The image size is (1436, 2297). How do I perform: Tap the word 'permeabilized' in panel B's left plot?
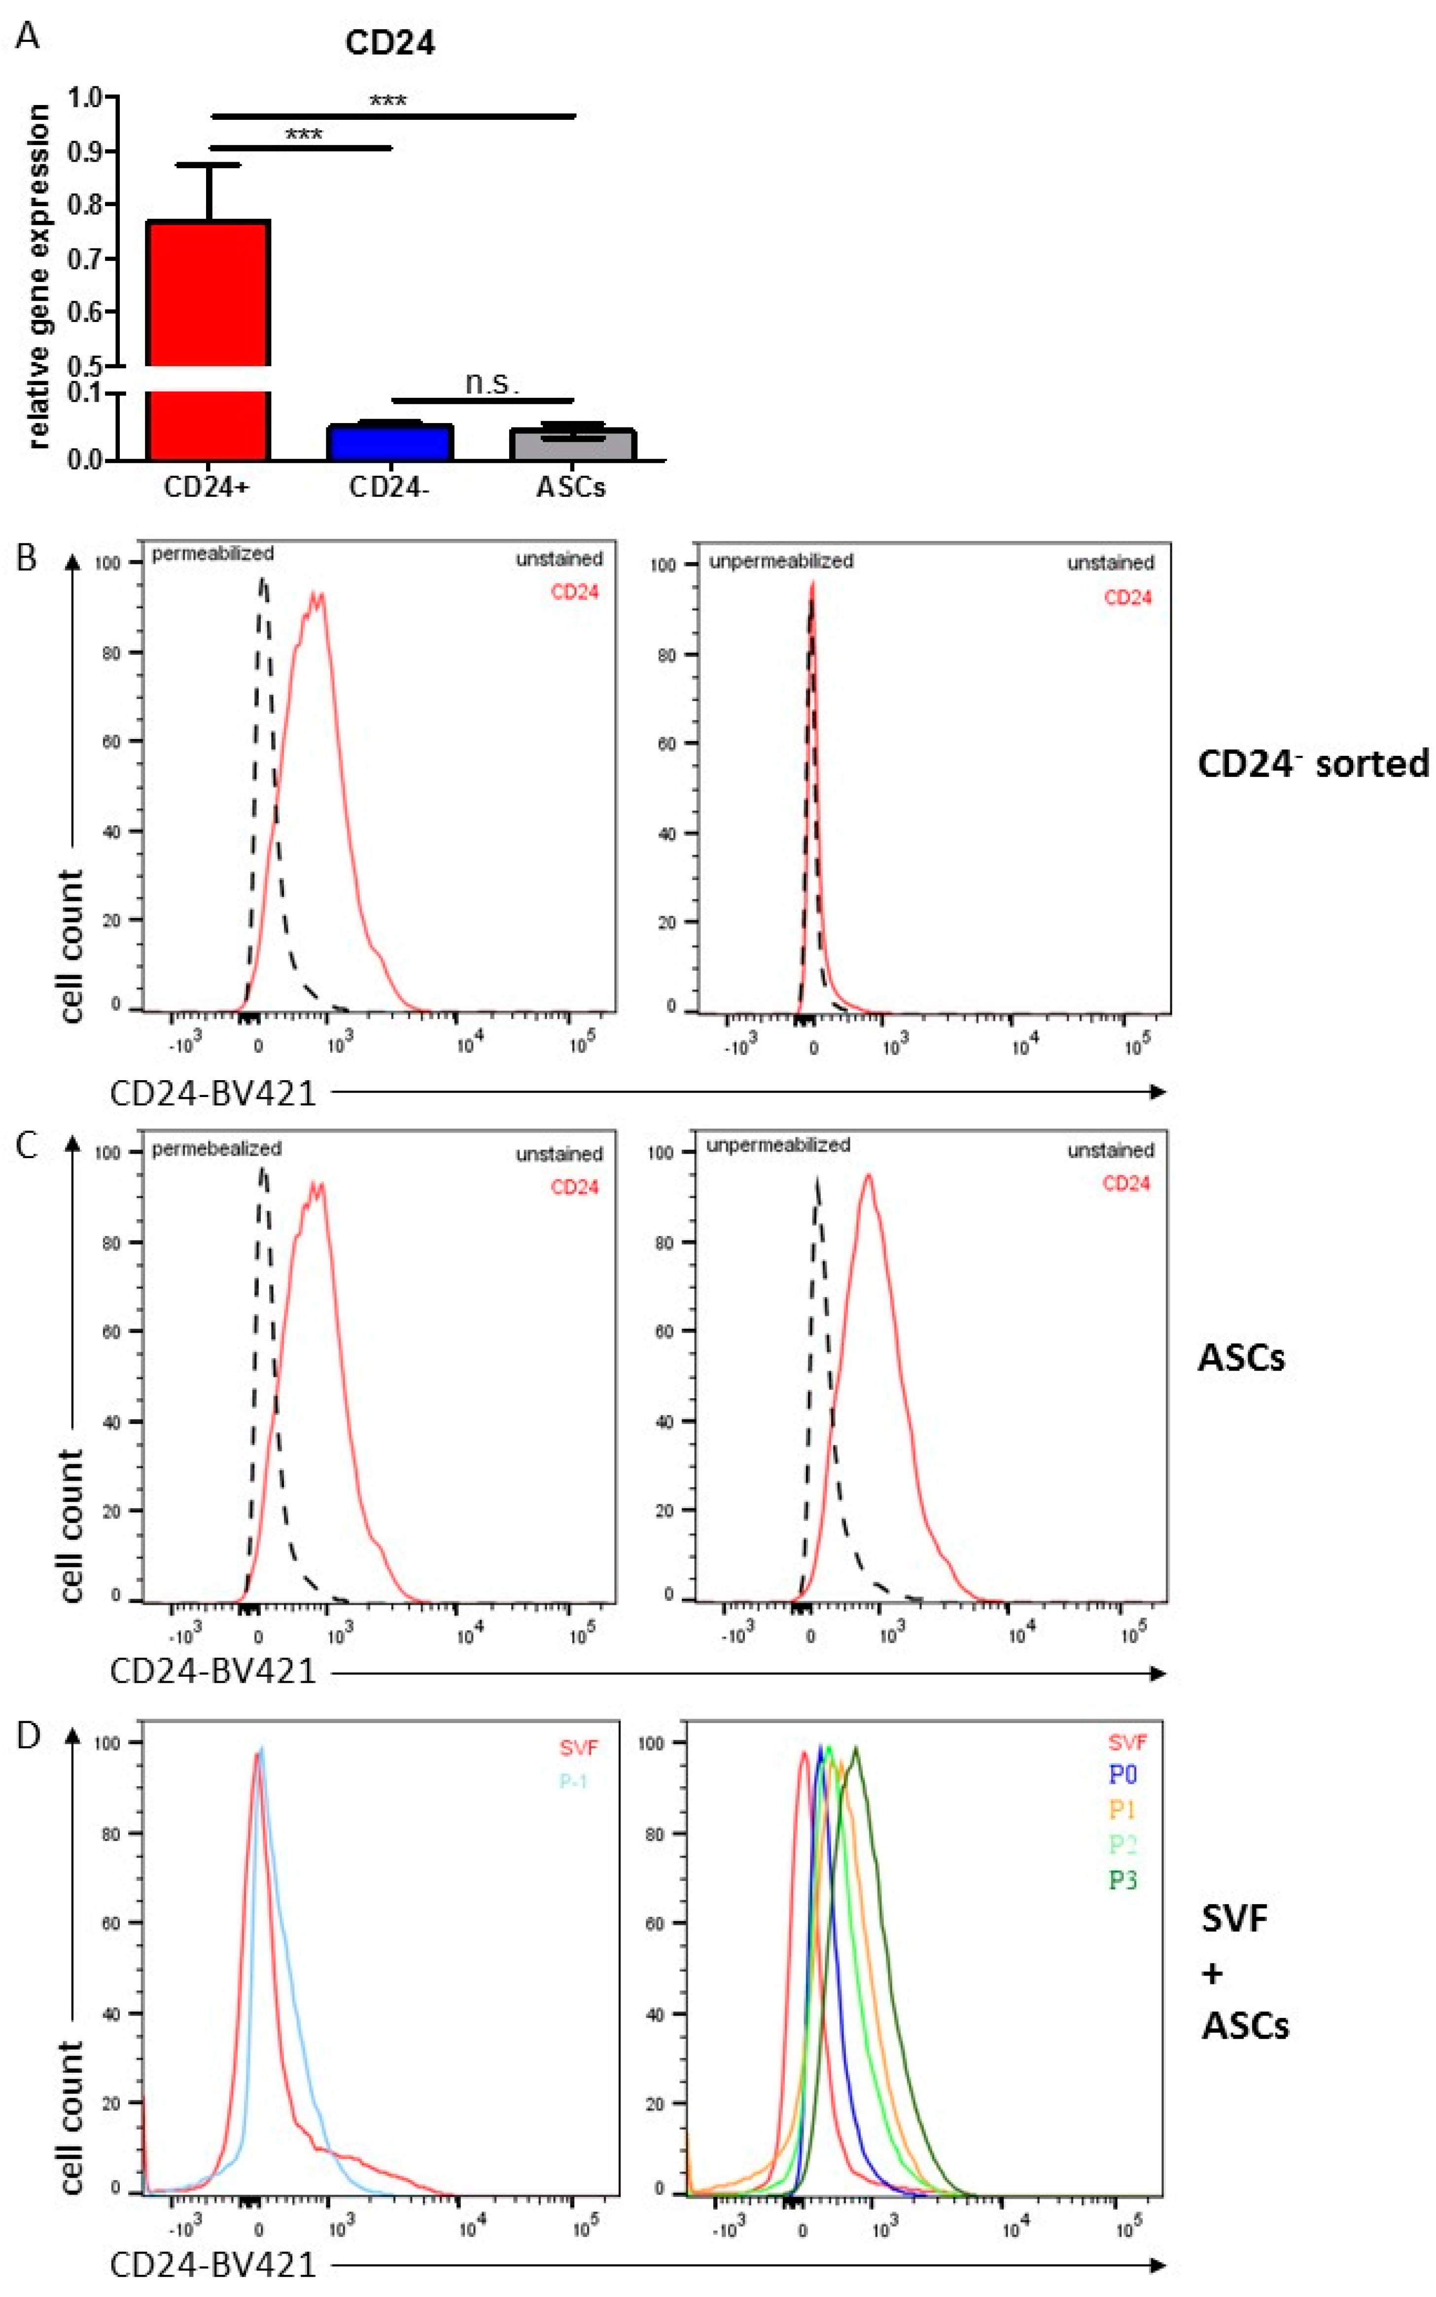[213, 554]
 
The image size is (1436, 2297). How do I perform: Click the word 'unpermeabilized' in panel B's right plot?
[781, 561]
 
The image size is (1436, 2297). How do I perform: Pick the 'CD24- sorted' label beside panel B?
[1313, 764]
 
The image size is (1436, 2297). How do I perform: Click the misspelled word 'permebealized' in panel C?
[216, 1149]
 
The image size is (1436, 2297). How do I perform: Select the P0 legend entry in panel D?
[1122, 1775]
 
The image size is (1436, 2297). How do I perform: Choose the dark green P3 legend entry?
[1122, 1879]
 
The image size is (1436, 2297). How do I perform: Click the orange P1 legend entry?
[1122, 1810]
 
